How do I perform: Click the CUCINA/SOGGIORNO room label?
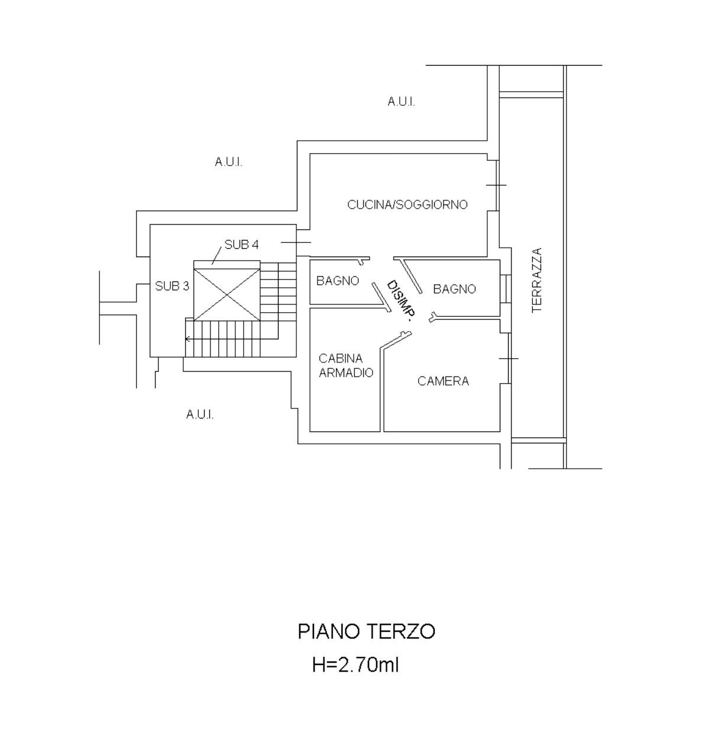coord(407,205)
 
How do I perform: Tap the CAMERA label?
coord(443,381)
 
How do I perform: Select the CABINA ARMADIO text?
coord(346,365)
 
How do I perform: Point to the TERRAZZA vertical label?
coord(537,280)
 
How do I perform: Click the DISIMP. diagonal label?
coord(401,300)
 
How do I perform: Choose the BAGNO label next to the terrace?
coord(454,289)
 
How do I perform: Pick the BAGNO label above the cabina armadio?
coord(338,281)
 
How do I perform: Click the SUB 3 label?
coord(172,286)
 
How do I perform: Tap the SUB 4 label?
coord(242,245)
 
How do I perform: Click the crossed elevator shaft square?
coord(227,294)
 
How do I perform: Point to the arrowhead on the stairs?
coord(187,339)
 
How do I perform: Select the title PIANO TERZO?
coord(367,631)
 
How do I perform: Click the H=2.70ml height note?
coord(355,665)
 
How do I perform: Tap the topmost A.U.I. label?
coord(401,102)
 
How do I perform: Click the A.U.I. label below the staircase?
coord(200,414)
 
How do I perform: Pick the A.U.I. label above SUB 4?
coord(229,162)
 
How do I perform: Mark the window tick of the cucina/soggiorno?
coord(496,185)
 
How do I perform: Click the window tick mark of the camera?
coord(509,358)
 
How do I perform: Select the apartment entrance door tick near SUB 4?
coord(296,242)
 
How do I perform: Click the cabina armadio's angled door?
coord(396,340)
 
